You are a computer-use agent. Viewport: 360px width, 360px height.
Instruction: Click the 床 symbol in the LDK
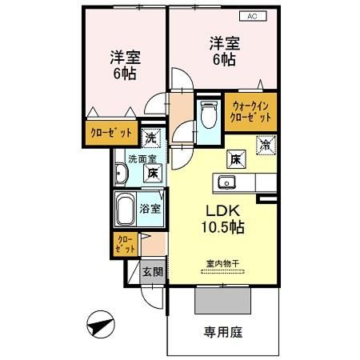237,158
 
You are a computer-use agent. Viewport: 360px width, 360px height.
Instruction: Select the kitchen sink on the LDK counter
225,183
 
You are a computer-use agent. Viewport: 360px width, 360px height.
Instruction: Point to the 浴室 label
150,209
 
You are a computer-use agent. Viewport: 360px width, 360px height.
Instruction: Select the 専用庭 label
223,331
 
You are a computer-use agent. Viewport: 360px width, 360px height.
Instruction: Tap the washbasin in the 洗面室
122,175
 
